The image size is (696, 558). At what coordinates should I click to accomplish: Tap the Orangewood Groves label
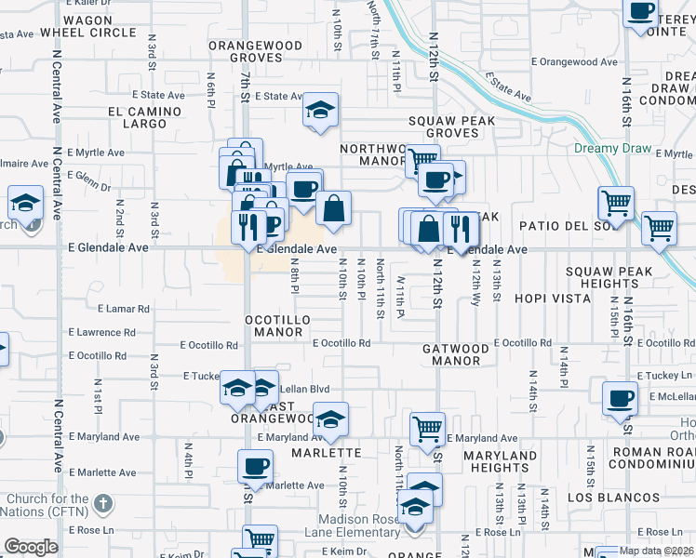255,51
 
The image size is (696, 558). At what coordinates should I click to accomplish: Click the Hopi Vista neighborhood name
552,299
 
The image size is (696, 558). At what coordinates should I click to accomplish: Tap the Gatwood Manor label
456,354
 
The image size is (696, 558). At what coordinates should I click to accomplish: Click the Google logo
31,547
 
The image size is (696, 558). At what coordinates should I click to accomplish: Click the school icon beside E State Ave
320,112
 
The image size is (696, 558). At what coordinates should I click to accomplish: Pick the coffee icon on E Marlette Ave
255,467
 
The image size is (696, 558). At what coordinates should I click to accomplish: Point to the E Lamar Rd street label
123,308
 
